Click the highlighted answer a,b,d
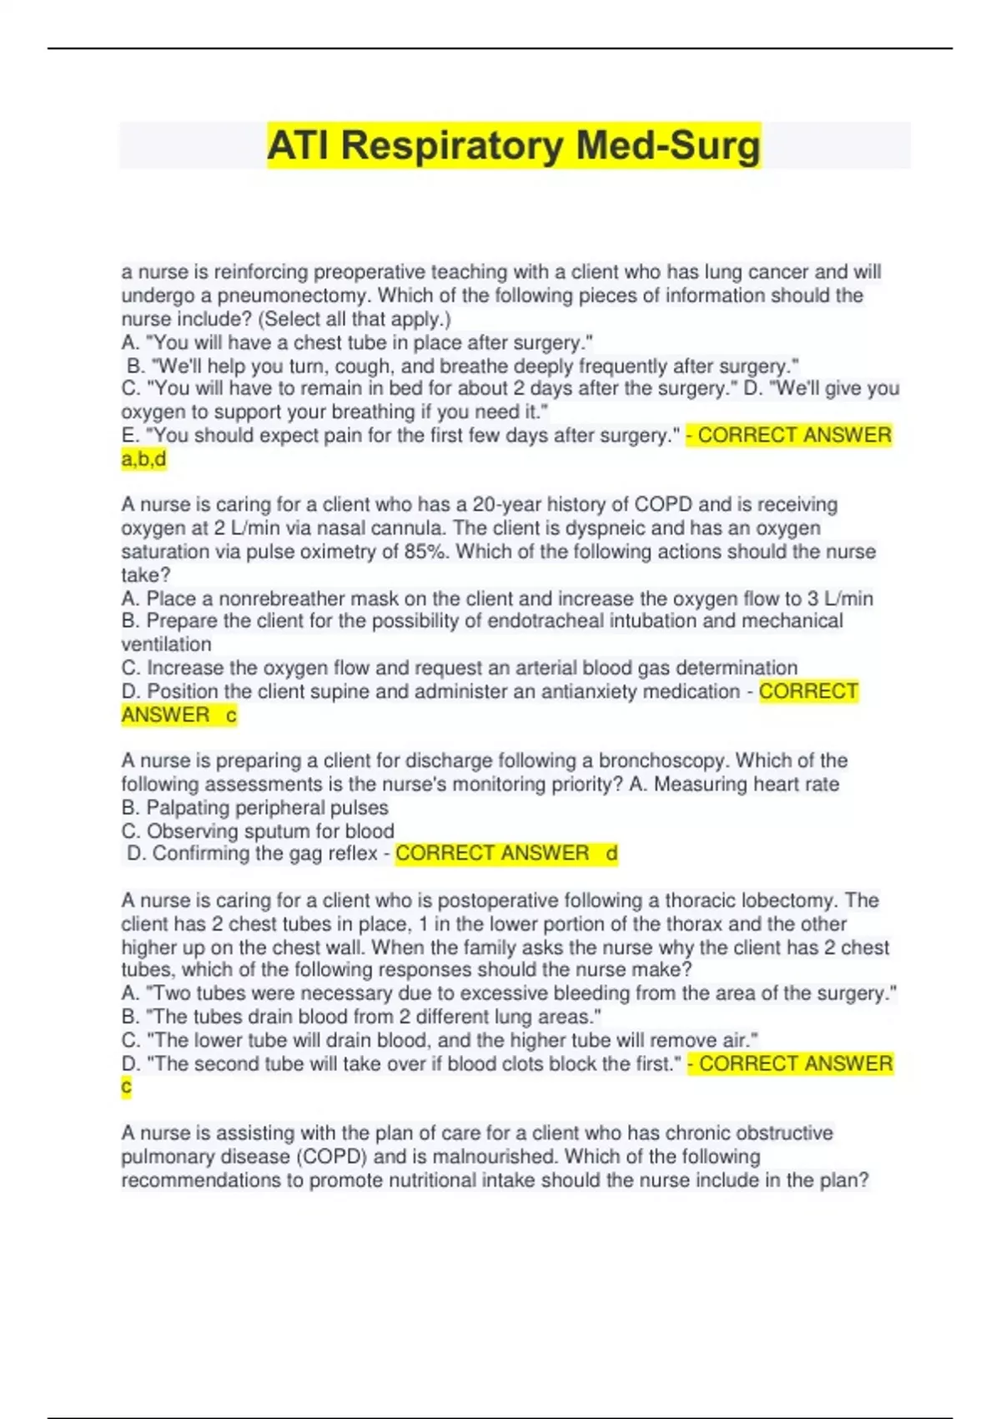(x=143, y=458)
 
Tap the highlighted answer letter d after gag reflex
(x=611, y=853)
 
